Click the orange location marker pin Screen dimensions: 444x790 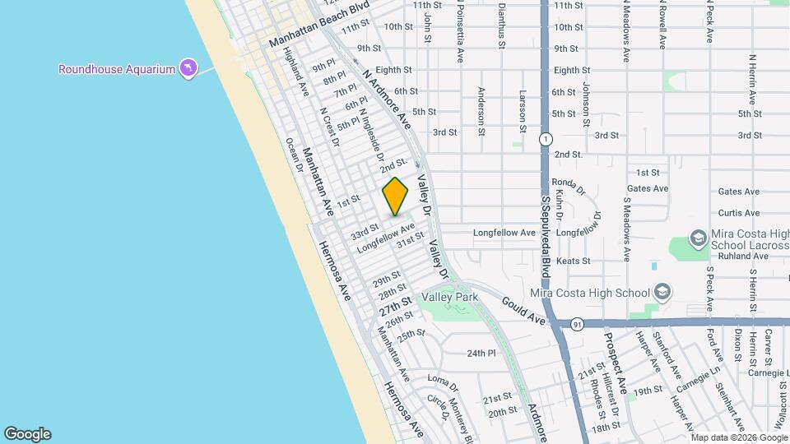pyautogui.click(x=395, y=197)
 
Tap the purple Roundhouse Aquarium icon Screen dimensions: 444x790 pyautogui.click(x=188, y=68)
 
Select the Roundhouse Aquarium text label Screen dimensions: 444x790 pyautogui.click(x=116, y=69)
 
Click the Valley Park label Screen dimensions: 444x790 pyautogui.click(x=450, y=297)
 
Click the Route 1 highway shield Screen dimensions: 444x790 pyautogui.click(x=545, y=139)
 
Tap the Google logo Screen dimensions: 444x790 pyautogui.click(x=27, y=434)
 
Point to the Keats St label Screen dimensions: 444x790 pyautogui.click(x=574, y=261)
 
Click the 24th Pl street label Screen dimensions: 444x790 pyautogui.click(x=481, y=354)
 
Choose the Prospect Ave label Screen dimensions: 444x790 pyautogui.click(x=616, y=362)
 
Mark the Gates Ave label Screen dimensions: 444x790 pyautogui.click(x=648, y=189)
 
